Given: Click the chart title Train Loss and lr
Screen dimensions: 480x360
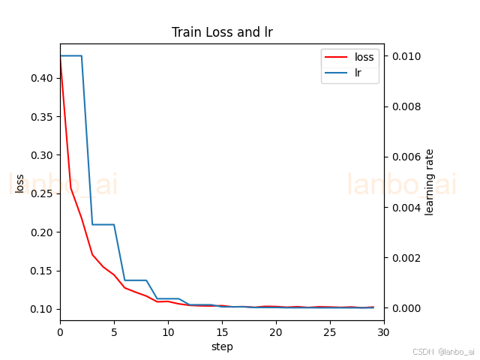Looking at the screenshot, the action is [222, 32].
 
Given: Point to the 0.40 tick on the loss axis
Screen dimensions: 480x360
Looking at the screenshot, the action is [42, 78].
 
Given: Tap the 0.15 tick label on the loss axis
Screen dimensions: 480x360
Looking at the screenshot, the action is [42, 271].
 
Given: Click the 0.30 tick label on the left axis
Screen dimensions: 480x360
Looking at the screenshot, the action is [42, 155].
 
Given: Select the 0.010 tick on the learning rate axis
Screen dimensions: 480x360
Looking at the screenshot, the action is [406, 56].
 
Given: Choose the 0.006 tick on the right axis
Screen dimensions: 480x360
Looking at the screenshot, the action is [406, 157].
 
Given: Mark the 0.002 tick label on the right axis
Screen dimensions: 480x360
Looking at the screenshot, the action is [406, 258].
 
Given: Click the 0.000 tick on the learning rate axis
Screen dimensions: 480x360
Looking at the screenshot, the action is [406, 308].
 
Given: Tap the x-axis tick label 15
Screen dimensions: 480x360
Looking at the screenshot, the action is [222, 332].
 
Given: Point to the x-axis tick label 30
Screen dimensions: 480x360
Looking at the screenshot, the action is [383, 332].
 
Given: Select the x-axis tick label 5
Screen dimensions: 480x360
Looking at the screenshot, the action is [114, 332].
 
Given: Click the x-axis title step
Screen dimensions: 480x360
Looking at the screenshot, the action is [222, 346].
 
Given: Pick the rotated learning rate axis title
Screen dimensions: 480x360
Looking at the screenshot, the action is [429, 182].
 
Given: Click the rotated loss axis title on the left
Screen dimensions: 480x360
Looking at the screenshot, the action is [19, 184].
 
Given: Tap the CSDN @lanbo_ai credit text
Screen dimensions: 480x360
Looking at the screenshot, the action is [443, 352].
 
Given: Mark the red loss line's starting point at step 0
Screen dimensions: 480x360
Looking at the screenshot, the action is [61, 56].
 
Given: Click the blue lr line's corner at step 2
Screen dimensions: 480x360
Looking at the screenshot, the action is [82, 55].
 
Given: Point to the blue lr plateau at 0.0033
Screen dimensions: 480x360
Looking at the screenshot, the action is [103, 224].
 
